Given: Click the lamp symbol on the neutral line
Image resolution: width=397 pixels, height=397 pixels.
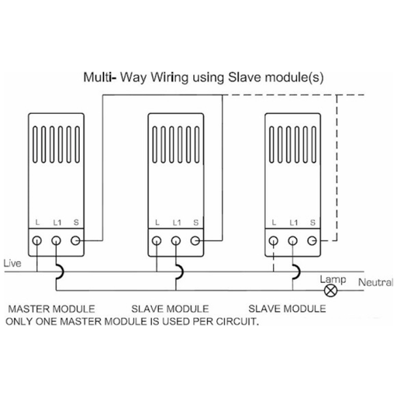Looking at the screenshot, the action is pos(330,290).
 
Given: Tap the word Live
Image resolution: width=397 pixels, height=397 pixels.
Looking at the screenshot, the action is pos(12,264).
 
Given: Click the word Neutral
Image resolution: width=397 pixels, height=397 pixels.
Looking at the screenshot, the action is pos(375,282).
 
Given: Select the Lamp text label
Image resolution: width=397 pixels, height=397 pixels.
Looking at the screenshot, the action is pos(333,280).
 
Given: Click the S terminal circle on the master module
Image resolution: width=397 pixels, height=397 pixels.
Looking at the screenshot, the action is pos(75,240).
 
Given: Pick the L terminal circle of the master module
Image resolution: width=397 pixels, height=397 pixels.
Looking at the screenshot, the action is pos(37,240).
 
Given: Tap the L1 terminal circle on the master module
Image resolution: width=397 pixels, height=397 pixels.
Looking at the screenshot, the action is pos(56,240).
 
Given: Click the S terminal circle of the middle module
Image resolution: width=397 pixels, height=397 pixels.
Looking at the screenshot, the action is pos(195,240).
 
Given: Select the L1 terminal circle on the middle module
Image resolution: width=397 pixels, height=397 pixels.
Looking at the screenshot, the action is pos(176,240).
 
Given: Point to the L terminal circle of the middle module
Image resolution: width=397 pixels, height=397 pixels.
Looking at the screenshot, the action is pos(157,240).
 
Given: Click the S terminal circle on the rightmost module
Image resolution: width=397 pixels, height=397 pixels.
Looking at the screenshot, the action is pos(312,240).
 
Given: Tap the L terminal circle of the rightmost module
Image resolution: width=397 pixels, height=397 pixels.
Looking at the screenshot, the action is pos(274,240).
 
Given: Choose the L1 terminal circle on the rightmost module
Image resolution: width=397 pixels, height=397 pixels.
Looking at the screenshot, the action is pos(292,240).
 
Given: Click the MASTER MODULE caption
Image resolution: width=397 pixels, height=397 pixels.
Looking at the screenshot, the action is pos(52,309).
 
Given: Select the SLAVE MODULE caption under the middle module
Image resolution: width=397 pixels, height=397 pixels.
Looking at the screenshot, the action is pos(170,309).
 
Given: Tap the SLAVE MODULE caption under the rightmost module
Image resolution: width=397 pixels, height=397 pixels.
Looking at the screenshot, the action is pos(287,309).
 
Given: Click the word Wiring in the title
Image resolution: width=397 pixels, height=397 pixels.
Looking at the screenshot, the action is pos(170,78).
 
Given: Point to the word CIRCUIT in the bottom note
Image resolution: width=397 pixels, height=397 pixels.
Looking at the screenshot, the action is pos(237,322).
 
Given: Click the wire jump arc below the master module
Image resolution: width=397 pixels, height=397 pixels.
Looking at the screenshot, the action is pos(61,271).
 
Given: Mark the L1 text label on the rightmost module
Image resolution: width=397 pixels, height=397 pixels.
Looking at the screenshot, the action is pos(294,223).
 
